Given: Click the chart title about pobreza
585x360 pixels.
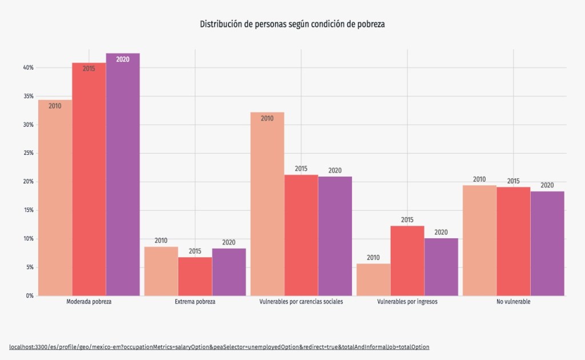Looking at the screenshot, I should point(292,24).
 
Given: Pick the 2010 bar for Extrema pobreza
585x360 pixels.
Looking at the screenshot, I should point(161,271).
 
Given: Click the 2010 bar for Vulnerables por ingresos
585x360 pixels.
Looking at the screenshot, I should point(373,279).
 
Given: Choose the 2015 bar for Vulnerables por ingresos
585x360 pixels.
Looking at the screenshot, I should point(407,261).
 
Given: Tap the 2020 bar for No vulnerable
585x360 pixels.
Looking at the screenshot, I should point(547,243).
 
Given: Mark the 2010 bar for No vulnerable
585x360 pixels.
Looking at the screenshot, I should point(479,240).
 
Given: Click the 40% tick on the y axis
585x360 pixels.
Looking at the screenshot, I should point(28,68).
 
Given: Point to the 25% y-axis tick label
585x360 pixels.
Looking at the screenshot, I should point(28,153).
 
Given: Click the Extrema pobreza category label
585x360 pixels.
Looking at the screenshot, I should point(195,302).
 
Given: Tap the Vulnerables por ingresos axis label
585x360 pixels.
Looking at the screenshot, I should point(407,302).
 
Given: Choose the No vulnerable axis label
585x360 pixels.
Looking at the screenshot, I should point(514,302).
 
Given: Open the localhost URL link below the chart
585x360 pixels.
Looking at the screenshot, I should point(219,347).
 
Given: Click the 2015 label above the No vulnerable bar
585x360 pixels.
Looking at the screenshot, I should point(514,181).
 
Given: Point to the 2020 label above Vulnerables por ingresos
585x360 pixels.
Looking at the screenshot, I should point(441,232).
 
